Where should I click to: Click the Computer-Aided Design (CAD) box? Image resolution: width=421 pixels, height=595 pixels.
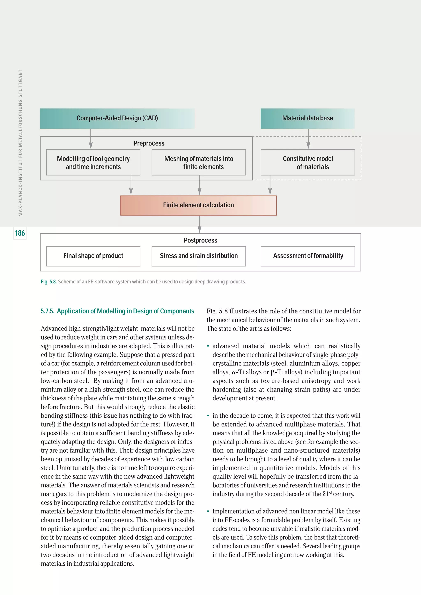coord(117,118)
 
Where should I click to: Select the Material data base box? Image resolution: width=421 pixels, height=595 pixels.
coord(308,118)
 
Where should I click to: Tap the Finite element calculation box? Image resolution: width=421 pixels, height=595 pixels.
coord(198,205)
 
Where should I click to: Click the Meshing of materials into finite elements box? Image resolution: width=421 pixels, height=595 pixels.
coord(199,163)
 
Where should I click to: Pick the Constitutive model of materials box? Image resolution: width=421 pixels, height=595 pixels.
coord(308,163)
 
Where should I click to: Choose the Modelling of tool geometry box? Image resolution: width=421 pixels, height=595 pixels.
coord(93,163)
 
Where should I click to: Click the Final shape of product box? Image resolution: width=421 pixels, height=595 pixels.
coord(93,256)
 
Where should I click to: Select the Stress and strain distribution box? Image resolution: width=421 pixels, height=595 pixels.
coord(199,256)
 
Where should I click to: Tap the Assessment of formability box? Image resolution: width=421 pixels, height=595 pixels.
coord(308,256)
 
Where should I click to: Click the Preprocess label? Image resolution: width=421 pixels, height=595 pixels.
coord(149,143)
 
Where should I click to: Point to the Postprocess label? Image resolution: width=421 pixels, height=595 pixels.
coord(200,240)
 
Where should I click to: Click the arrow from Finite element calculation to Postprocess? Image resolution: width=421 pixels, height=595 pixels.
coord(199,224)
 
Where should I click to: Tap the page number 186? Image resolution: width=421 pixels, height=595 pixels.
coord(20,233)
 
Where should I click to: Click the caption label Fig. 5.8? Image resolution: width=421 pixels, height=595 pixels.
coord(49,282)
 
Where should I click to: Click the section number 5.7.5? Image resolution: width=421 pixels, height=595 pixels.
coord(47,311)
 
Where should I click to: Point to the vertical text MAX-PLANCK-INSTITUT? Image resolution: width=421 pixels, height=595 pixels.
coord(20,143)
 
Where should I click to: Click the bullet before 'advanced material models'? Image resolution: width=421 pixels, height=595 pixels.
coord(208,346)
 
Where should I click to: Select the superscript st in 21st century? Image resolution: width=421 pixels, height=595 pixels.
coord(330,493)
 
